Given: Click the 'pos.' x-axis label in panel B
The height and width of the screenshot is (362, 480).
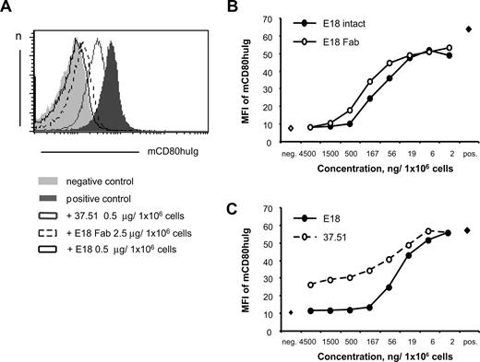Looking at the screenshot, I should click(x=470, y=142).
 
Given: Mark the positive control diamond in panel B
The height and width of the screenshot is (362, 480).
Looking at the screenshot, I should click(x=469, y=29).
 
